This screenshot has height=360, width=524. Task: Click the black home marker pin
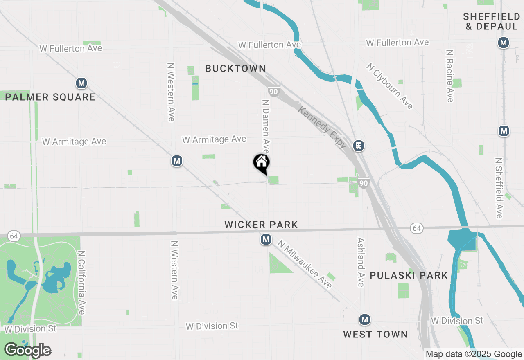click(x=261, y=163)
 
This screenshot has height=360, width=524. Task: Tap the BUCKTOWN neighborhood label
click(x=235, y=68)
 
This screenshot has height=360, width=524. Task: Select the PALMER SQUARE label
click(x=50, y=97)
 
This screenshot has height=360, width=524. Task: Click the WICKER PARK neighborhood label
click(x=261, y=225)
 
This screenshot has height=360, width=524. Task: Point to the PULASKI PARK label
click(x=409, y=275)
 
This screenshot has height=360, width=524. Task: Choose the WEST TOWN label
click(x=375, y=334)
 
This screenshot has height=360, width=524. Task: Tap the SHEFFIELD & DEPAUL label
click(x=491, y=21)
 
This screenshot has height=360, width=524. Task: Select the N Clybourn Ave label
click(x=390, y=86)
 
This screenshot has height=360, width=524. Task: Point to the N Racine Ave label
click(x=450, y=76)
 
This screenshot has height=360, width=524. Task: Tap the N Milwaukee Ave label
click(x=305, y=264)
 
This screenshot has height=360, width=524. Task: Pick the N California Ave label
click(x=81, y=283)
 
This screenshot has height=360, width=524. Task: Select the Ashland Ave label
click(x=361, y=262)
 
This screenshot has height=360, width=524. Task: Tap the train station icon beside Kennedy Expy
click(x=359, y=145)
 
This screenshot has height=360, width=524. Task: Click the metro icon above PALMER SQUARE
click(x=81, y=83)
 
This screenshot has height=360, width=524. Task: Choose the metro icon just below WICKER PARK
click(x=266, y=239)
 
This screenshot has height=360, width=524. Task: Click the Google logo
click(x=27, y=350)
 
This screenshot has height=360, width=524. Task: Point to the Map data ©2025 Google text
click(x=474, y=354)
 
